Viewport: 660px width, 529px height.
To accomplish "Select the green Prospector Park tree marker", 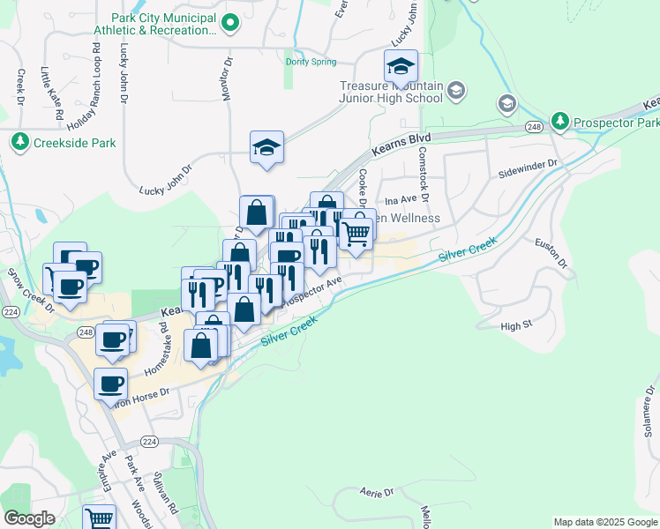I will click(x=559, y=120).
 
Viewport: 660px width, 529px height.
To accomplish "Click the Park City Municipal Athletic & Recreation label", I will click(x=164, y=24).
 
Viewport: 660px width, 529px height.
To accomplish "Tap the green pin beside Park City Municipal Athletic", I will click(x=230, y=24).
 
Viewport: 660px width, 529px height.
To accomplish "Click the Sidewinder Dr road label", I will click(x=529, y=164).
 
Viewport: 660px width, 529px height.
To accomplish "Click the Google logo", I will click(x=29, y=518).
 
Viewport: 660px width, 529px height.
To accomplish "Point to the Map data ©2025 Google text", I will click(x=604, y=522).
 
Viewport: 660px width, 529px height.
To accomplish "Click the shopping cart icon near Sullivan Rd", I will click(x=100, y=518).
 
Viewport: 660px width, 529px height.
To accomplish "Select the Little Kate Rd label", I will click(x=51, y=93).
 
